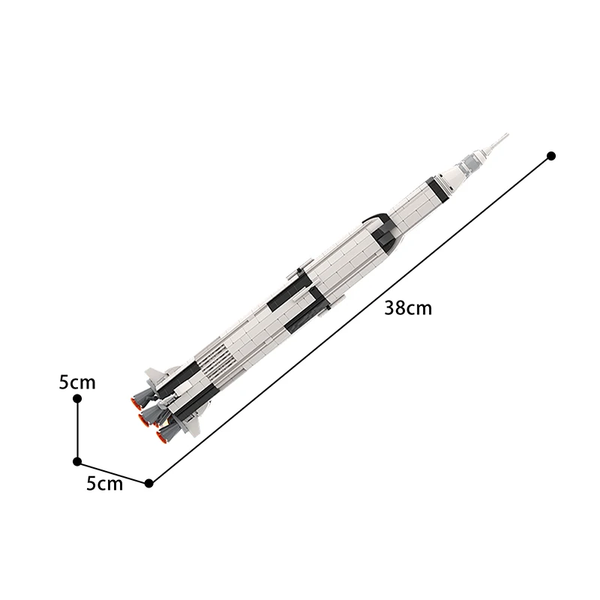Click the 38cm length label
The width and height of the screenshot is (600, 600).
coord(408,307)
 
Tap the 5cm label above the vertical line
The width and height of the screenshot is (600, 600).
coord(77,382)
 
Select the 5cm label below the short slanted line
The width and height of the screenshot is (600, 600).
coord(104,484)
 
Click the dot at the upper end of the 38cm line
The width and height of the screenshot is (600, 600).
coord(551,156)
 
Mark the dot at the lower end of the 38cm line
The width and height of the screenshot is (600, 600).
coord(149,484)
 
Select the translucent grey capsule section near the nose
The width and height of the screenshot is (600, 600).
coord(474,158)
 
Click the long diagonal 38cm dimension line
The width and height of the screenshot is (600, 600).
coord(350,319)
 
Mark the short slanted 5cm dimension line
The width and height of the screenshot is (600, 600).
coord(113,472)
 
